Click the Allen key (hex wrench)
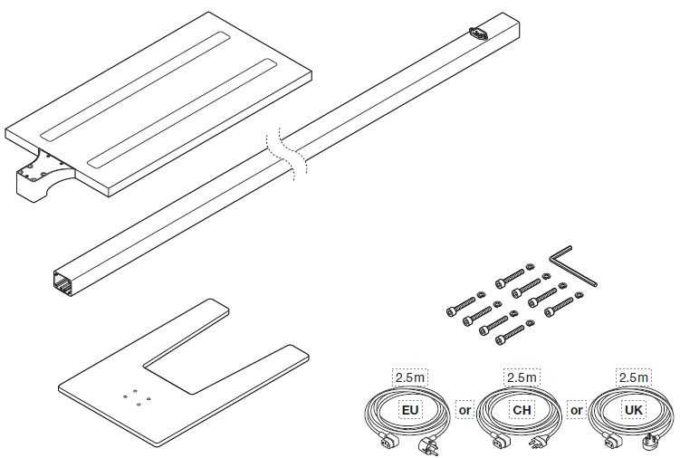[571, 265]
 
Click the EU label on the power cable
[410, 410]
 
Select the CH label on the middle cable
[522, 410]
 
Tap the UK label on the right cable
[634, 410]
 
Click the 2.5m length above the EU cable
[410, 377]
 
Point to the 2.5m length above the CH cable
[522, 377]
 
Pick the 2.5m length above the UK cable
[634, 377]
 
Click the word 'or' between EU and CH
[465, 410]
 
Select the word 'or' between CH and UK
[577, 410]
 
